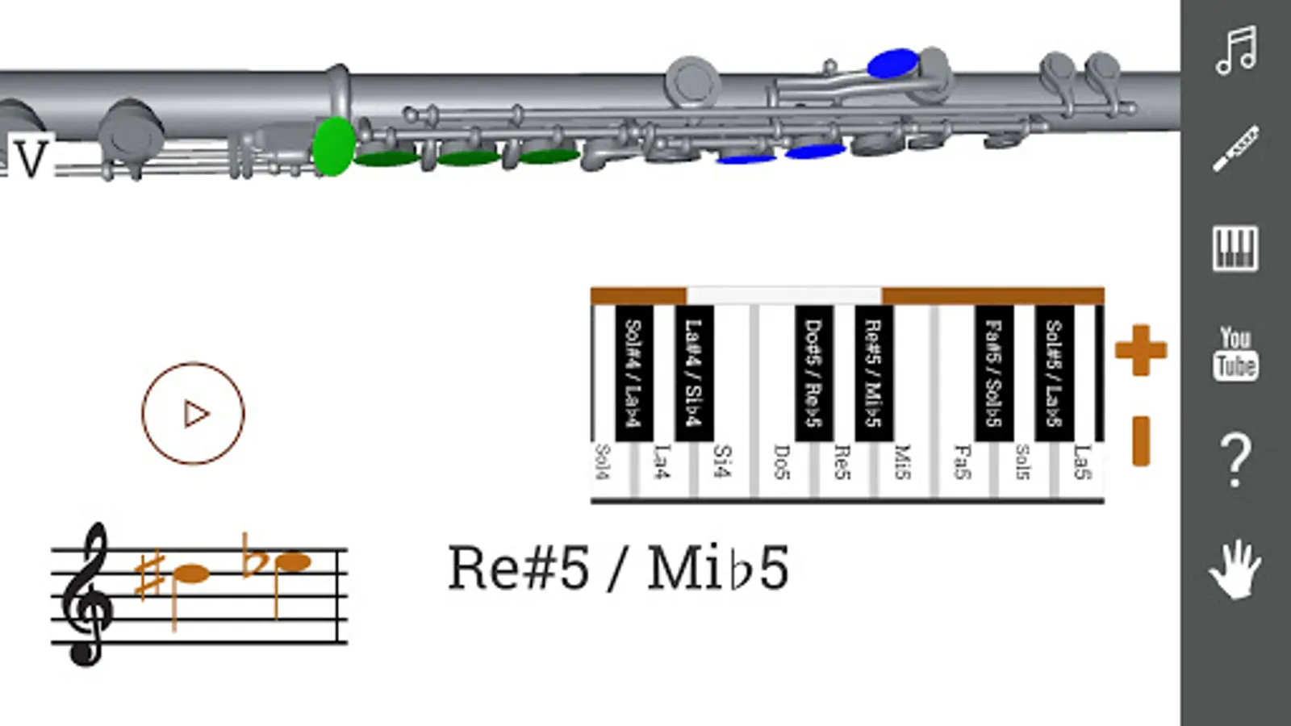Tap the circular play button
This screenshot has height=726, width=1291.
pyautogui.click(x=193, y=414)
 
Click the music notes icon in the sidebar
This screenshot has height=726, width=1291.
pyautogui.click(x=1235, y=50)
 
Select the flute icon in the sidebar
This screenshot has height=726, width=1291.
pyautogui.click(x=1235, y=148)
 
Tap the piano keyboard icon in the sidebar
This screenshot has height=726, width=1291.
pyautogui.click(x=1235, y=248)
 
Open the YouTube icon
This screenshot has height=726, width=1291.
pyautogui.click(x=1235, y=353)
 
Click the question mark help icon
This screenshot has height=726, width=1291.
pyautogui.click(x=1235, y=460)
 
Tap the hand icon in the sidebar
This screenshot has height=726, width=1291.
pyautogui.click(x=1235, y=569)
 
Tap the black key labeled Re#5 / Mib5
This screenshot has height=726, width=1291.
pyautogui.click(x=873, y=373)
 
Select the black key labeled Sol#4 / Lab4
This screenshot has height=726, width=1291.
pyautogui.click(x=633, y=373)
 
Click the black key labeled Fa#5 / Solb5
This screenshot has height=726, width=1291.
pyautogui.click(x=993, y=373)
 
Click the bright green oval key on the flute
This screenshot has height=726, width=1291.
pyautogui.click(x=333, y=146)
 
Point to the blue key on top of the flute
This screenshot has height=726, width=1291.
pyautogui.click(x=892, y=64)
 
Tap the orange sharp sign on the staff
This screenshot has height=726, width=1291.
pyautogui.click(x=150, y=575)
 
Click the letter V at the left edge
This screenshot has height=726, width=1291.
pyautogui.click(x=31, y=159)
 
